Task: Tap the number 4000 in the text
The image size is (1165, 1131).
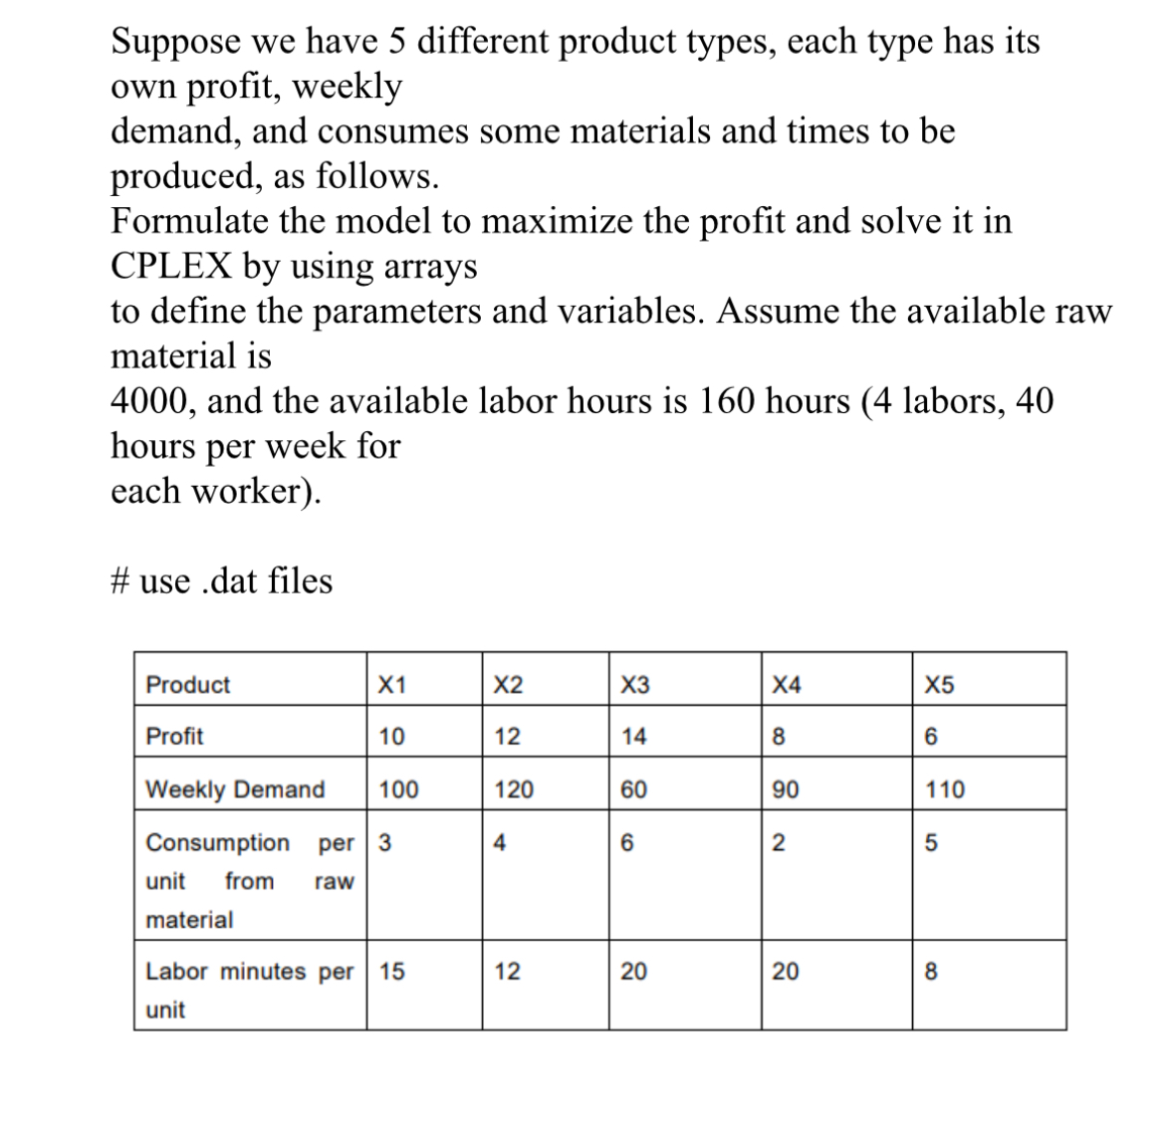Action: pyautogui.click(x=150, y=400)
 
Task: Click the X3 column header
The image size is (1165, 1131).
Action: pyautogui.click(x=634, y=685)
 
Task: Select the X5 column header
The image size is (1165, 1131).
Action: pyautogui.click(x=939, y=685)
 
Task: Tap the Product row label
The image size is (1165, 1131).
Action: pyautogui.click(x=187, y=685)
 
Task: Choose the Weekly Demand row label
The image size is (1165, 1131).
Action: pyautogui.click(x=235, y=790)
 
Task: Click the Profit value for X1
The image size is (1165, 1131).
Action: pyautogui.click(x=391, y=737)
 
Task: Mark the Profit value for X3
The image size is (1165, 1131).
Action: pyautogui.click(x=633, y=737)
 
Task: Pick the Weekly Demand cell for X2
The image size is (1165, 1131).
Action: pyautogui.click(x=514, y=790)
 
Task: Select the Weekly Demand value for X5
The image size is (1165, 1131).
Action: pyautogui.click(x=945, y=790)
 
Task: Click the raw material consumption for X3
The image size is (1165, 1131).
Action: pyautogui.click(x=626, y=842)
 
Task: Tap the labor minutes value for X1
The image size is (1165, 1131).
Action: pyautogui.click(x=391, y=971)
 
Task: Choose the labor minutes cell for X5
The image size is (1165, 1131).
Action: pyautogui.click(x=931, y=971)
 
